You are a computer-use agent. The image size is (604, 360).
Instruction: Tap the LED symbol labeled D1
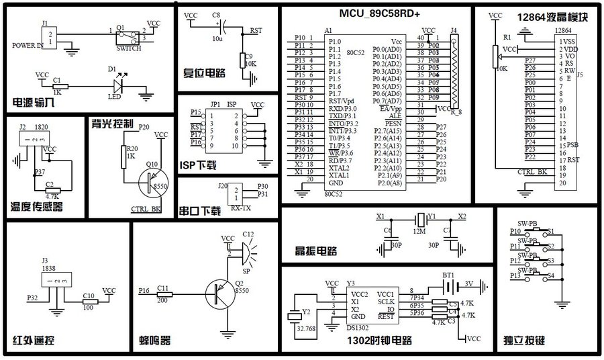118,85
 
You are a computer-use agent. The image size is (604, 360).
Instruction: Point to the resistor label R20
131,148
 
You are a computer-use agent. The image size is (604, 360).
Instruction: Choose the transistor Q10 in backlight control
154,183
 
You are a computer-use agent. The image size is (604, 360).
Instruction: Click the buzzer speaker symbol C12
245,252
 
